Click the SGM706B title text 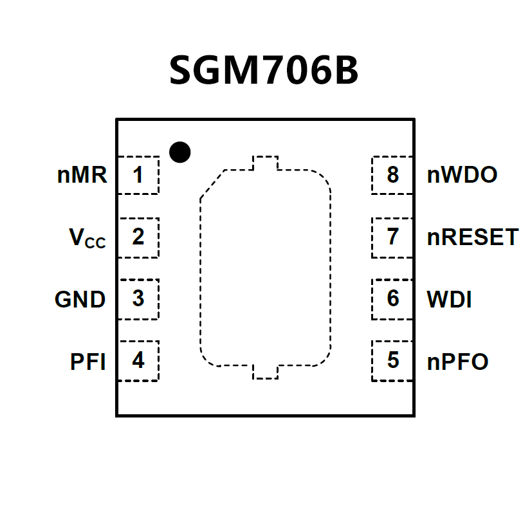coord(264,71)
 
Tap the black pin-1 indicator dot coord(180,152)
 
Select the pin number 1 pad coord(138,175)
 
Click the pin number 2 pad coord(138,237)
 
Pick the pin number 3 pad coord(138,299)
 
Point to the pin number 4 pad coord(138,361)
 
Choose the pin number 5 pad coord(392,361)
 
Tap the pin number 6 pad coord(392,299)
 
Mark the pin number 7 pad coord(392,237)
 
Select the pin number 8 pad coord(392,175)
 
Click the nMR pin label coord(82,175)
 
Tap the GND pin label coord(80,300)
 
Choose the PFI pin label coord(87,362)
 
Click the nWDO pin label coord(462,175)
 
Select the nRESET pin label coord(472,237)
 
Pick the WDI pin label coord(449,300)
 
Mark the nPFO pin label coord(457,362)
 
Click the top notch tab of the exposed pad coord(265,163)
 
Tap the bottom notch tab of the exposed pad coord(265,372)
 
